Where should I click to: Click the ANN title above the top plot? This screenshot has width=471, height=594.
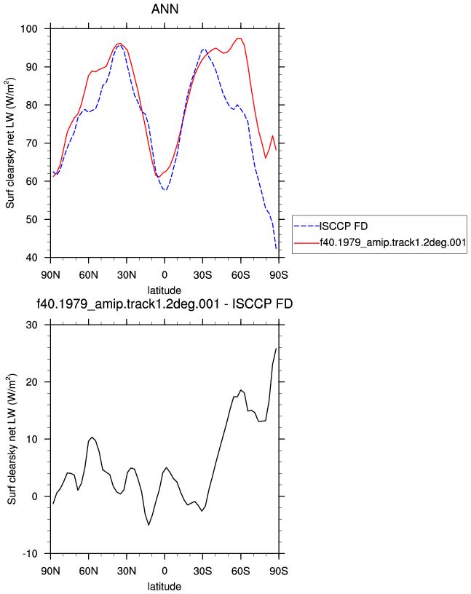(x=165, y=9)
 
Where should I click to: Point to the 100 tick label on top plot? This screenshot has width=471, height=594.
(x=29, y=29)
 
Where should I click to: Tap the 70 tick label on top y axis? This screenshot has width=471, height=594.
(x=32, y=143)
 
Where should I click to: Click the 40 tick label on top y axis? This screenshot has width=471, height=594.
(x=32, y=258)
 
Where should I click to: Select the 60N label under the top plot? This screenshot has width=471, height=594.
(x=89, y=274)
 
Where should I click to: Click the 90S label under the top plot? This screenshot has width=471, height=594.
(x=279, y=274)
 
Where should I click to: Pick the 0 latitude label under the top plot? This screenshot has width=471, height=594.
(x=165, y=274)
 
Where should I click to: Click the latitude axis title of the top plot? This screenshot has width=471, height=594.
(x=165, y=290)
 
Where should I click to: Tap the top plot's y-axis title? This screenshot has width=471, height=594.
(x=10, y=143)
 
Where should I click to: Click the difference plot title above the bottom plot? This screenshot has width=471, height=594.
(x=165, y=304)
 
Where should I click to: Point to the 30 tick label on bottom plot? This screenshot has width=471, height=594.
(x=32, y=325)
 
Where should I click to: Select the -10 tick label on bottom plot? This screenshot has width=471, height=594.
(x=31, y=554)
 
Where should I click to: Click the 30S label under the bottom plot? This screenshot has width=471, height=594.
(x=202, y=571)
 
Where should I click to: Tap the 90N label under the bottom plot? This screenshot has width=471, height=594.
(x=50, y=571)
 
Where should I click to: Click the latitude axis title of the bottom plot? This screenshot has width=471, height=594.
(x=165, y=587)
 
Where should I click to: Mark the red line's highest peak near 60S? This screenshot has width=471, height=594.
(x=239, y=38)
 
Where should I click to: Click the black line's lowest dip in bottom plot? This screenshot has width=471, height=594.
(x=149, y=525)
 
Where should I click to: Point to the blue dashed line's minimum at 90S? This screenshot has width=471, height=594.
(x=276, y=248)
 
